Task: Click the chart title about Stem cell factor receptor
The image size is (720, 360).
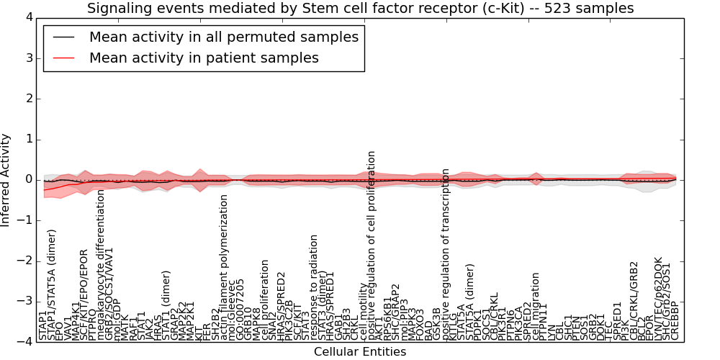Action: point(360,9)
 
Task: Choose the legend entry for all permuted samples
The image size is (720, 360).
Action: point(223,37)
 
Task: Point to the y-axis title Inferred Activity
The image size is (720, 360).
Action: point(6,180)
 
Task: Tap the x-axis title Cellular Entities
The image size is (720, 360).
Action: point(360,352)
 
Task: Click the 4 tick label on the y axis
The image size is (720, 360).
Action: point(28,17)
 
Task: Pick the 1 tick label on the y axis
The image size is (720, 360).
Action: point(28,139)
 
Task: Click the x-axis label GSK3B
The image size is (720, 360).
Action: point(438,324)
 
